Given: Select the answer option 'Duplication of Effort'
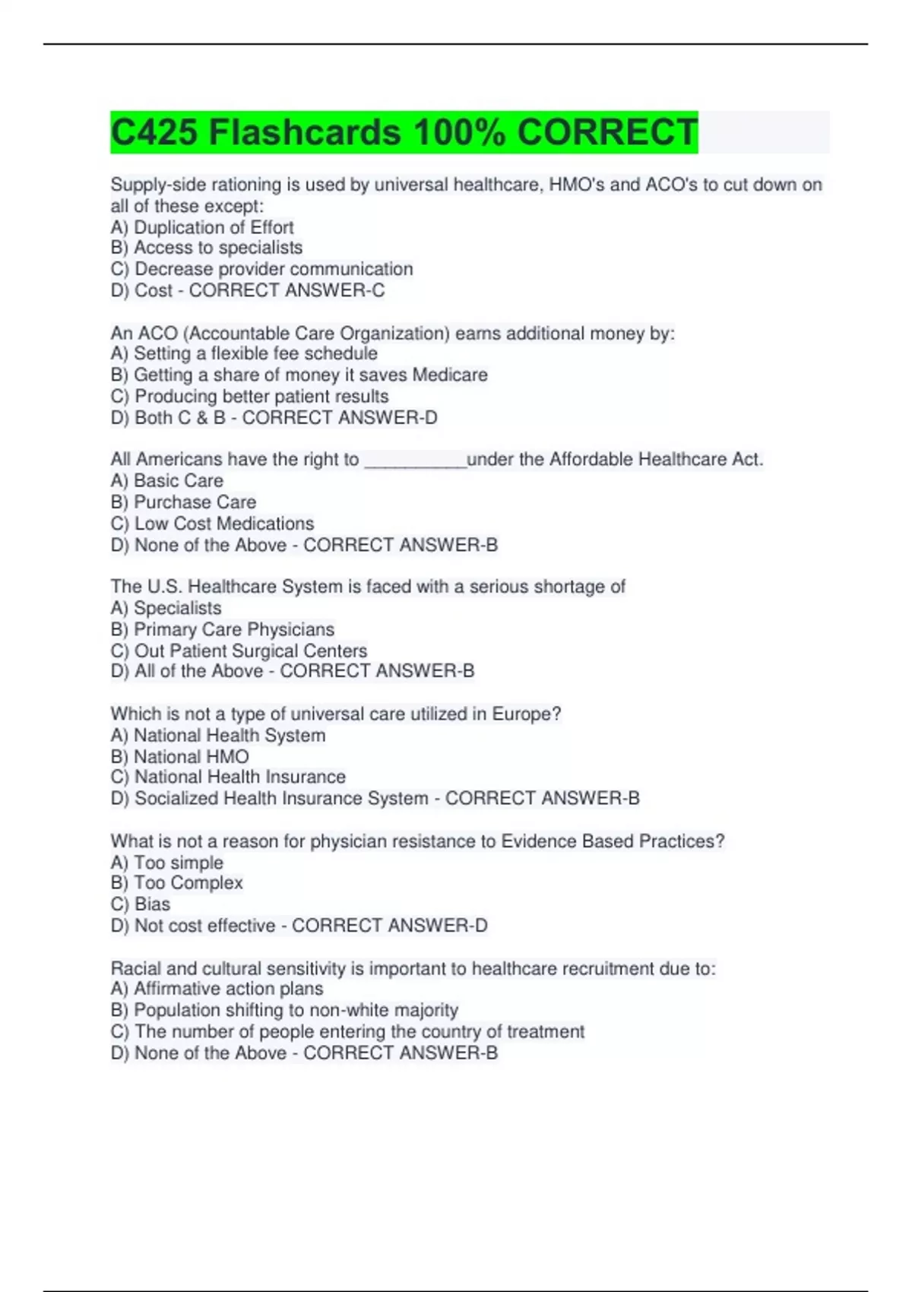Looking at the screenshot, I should tap(213, 227).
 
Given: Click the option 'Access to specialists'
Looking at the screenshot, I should tap(217, 248).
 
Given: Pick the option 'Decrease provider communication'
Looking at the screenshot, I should tap(273, 269).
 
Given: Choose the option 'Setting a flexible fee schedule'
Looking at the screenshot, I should tap(255, 353).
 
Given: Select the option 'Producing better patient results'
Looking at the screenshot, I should tap(261, 396).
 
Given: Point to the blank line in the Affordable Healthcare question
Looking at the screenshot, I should tap(415, 461).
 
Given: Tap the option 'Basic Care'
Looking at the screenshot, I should tap(178, 480).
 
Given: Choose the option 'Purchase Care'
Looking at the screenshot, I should tap(195, 502).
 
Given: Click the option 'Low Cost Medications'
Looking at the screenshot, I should tap(223, 524).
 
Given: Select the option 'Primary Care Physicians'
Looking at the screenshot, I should tap(233, 629).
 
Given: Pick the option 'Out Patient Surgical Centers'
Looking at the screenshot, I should tap(250, 651).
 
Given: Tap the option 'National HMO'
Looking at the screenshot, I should tap(191, 756).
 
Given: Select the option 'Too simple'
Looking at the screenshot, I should tap(178, 863).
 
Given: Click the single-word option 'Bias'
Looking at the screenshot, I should tap(152, 904).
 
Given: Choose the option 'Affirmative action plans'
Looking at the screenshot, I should tap(228, 989).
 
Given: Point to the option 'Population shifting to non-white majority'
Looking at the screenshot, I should tap(296, 1010).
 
